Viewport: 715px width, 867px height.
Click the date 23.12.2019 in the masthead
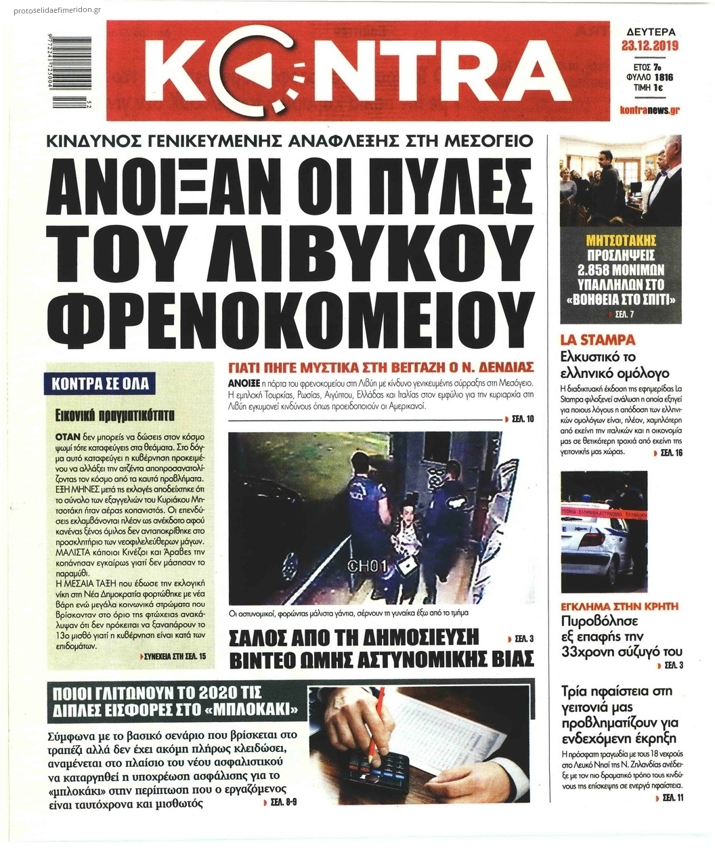(x=650, y=47)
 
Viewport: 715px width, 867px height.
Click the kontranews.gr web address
(x=649, y=110)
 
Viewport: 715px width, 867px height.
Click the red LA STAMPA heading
(x=588, y=339)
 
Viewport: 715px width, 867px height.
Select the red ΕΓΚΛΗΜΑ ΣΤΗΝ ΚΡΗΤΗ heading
(x=620, y=606)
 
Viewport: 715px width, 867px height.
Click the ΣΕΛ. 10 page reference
(x=522, y=419)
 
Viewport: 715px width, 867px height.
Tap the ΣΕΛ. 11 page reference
(x=672, y=798)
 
